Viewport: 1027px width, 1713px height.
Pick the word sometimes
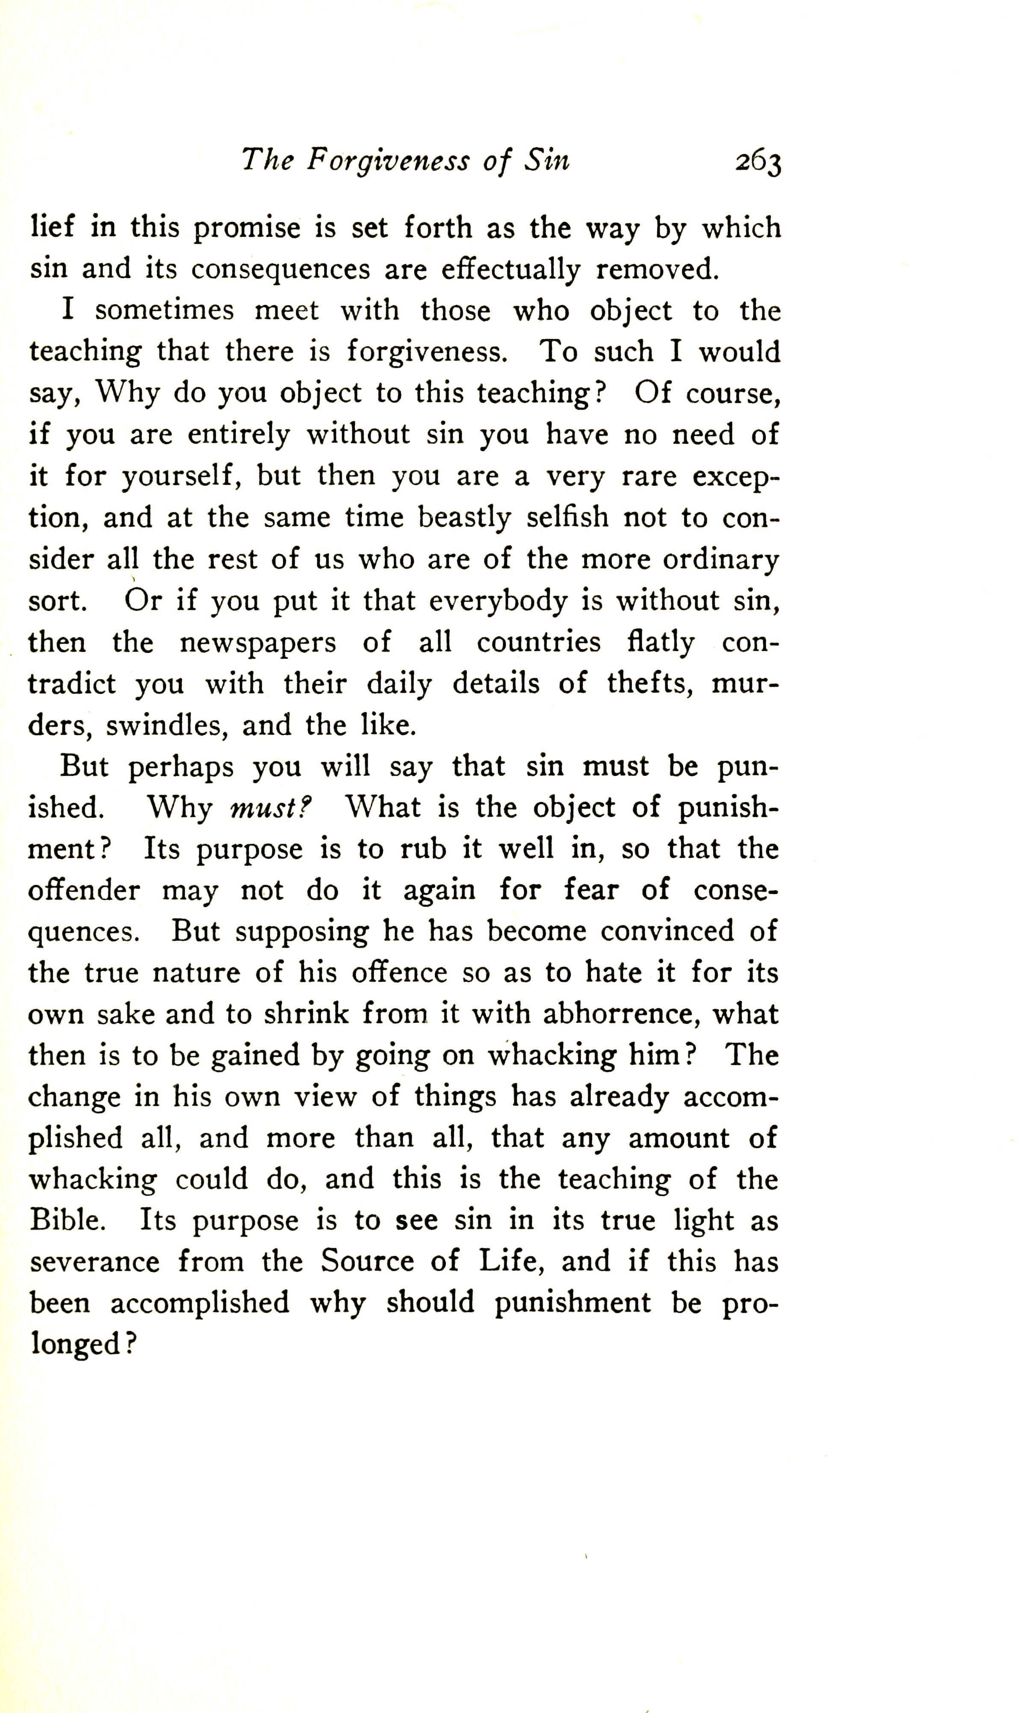point(165,311)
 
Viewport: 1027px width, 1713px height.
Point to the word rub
point(424,849)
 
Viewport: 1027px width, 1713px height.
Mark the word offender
point(84,890)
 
